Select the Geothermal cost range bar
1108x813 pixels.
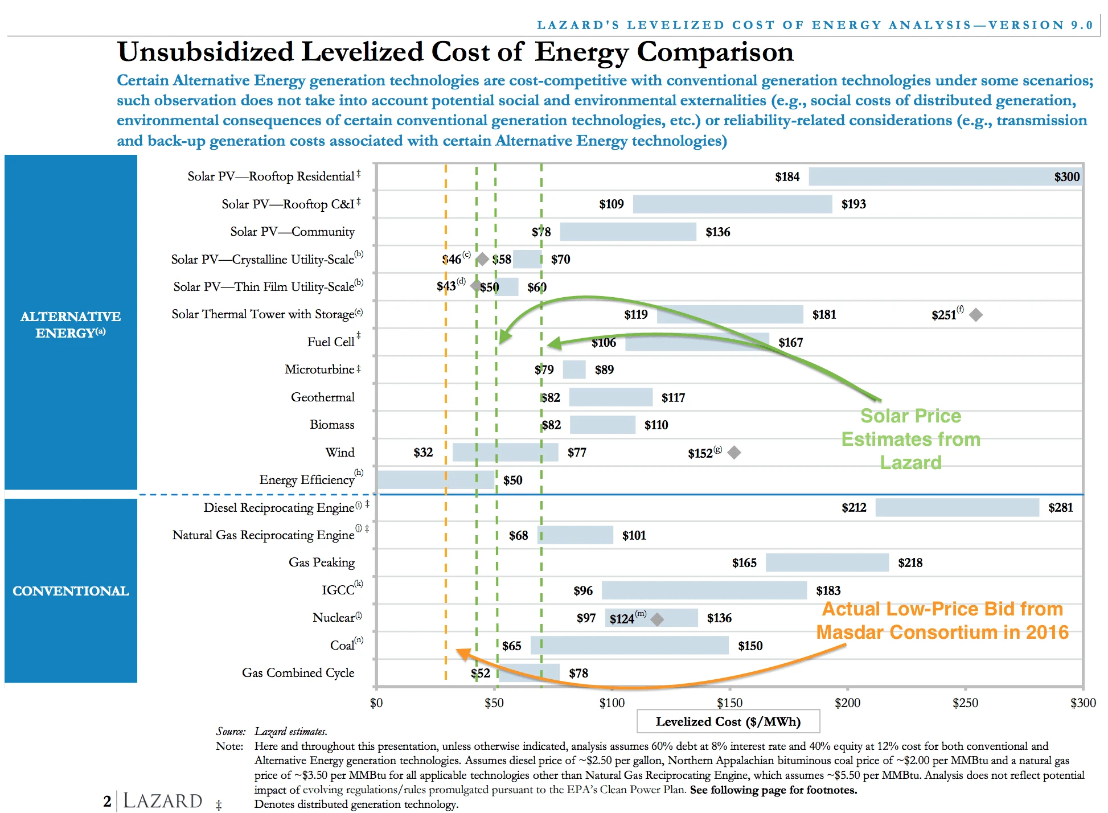click(610, 397)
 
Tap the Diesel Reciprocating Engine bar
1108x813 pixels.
click(957, 507)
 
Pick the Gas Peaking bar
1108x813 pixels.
click(827, 562)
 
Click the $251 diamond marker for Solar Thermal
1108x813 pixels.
click(976, 315)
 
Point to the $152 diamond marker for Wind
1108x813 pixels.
click(734, 453)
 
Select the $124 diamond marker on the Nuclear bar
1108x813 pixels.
click(657, 619)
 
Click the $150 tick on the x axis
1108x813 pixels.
click(729, 703)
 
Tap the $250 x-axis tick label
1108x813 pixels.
click(965, 703)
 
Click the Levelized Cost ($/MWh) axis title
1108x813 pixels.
click(728, 722)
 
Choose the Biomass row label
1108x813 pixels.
click(332, 425)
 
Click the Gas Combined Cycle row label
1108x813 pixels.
click(298, 673)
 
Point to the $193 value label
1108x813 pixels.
click(853, 204)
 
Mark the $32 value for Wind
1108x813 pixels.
click(423, 453)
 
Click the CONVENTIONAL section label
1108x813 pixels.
click(71, 591)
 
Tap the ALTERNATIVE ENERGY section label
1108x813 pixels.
click(71, 325)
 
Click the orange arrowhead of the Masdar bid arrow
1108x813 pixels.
click(462, 654)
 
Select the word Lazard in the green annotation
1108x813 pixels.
click(910, 463)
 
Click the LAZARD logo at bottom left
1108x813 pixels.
click(162, 800)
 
